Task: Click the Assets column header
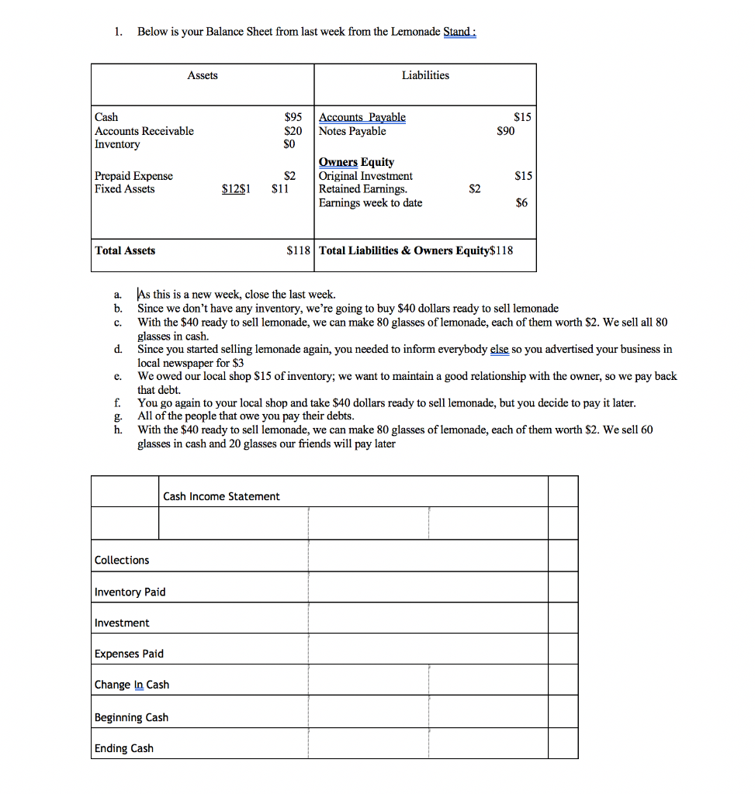pyautogui.click(x=203, y=75)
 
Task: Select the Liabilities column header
pyautogui.click(x=424, y=75)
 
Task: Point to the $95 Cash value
pyautogui.click(x=293, y=117)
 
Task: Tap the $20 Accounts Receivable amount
pyautogui.click(x=293, y=131)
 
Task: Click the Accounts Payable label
pyautogui.click(x=362, y=117)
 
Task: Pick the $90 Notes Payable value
pyautogui.click(x=505, y=131)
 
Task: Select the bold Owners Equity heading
pyautogui.click(x=356, y=162)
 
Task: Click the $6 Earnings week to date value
pyautogui.click(x=521, y=202)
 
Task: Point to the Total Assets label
pyautogui.click(x=125, y=250)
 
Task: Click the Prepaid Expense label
pyautogui.click(x=133, y=176)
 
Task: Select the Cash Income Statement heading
pyautogui.click(x=221, y=496)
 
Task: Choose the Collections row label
pyautogui.click(x=122, y=560)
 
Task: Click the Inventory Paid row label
pyautogui.click(x=130, y=592)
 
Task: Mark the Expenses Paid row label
pyautogui.click(x=129, y=654)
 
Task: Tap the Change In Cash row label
pyautogui.click(x=131, y=685)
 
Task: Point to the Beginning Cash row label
pyautogui.click(x=131, y=717)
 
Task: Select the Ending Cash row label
pyautogui.click(x=123, y=748)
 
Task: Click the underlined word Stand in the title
pyautogui.click(x=458, y=32)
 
